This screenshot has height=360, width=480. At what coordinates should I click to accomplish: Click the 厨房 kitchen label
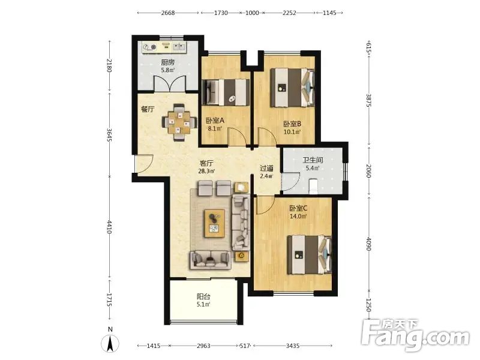[x=168, y=62]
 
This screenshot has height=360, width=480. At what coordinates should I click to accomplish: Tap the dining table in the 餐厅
[x=179, y=122]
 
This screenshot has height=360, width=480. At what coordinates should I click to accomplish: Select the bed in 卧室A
[x=226, y=92]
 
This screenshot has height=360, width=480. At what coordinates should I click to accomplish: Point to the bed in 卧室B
[x=292, y=88]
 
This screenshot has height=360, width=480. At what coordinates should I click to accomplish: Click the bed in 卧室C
[x=309, y=254]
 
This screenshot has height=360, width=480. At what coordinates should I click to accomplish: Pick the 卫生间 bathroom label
[x=313, y=160]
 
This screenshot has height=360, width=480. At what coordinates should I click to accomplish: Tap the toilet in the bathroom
[x=313, y=187]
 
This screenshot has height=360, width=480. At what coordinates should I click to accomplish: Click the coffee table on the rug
[x=214, y=223]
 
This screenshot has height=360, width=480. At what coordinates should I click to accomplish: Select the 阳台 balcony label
[x=203, y=296]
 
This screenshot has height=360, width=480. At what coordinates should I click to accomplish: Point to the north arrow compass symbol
[x=110, y=343]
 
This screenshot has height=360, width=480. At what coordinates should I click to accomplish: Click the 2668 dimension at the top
[x=168, y=13]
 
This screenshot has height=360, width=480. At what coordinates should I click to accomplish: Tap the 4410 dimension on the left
[x=110, y=227]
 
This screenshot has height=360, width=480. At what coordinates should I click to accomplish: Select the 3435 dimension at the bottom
[x=293, y=346]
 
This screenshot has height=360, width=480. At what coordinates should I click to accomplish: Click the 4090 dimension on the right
[x=369, y=244]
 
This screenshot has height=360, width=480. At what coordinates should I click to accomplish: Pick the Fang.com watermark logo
[x=415, y=335]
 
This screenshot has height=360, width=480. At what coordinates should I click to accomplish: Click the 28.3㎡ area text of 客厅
[x=206, y=171]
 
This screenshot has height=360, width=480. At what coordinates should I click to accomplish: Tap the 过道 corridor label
[x=266, y=169]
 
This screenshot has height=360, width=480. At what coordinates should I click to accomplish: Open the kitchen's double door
[x=169, y=83]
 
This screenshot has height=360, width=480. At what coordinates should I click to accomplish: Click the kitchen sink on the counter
[x=179, y=47]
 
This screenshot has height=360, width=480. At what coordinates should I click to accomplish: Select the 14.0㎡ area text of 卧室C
[x=298, y=216]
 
